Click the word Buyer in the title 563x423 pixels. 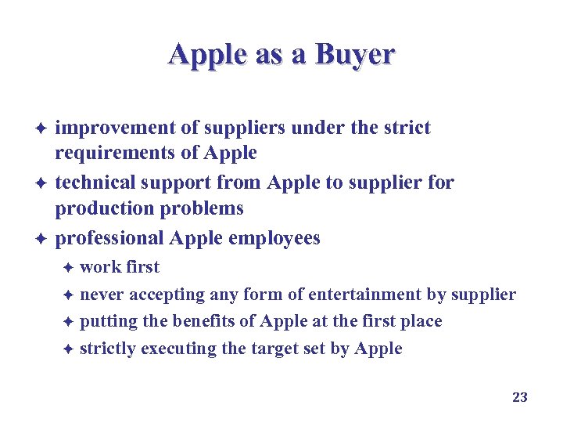point(356,54)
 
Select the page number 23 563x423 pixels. point(520,397)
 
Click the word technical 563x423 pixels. point(95,183)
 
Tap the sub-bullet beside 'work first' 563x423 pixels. point(68,267)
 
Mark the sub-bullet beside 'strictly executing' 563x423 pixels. point(68,349)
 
